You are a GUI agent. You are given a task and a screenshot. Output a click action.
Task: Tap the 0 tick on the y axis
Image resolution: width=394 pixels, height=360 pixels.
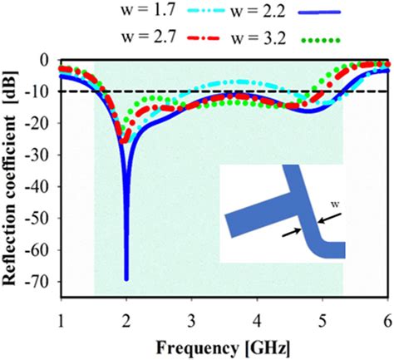pyautogui.click(x=49, y=60)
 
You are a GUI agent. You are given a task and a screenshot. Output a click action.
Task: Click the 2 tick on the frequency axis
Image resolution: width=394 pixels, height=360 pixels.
pyautogui.click(x=126, y=321)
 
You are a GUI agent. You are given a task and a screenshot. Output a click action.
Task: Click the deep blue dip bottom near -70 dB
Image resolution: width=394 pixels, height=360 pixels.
pyautogui.click(x=126, y=278)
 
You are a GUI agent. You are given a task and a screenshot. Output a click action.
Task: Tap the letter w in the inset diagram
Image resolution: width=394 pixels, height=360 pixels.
pyautogui.click(x=330, y=201)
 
